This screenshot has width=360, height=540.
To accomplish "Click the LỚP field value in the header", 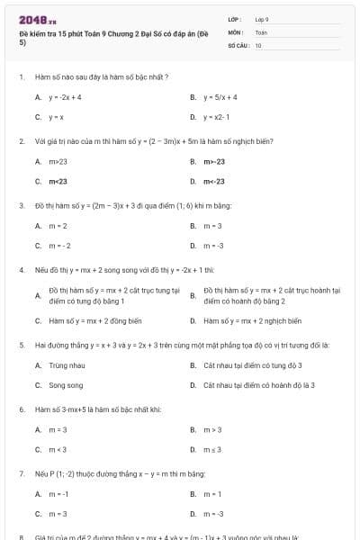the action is pos(262,18).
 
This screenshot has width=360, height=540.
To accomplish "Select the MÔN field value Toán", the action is pos(261,31).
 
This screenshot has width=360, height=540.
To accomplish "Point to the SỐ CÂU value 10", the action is pos(258,43).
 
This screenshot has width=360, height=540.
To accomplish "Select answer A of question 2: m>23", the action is pos(58,161).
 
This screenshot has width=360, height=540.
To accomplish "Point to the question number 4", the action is pos(21,269).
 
